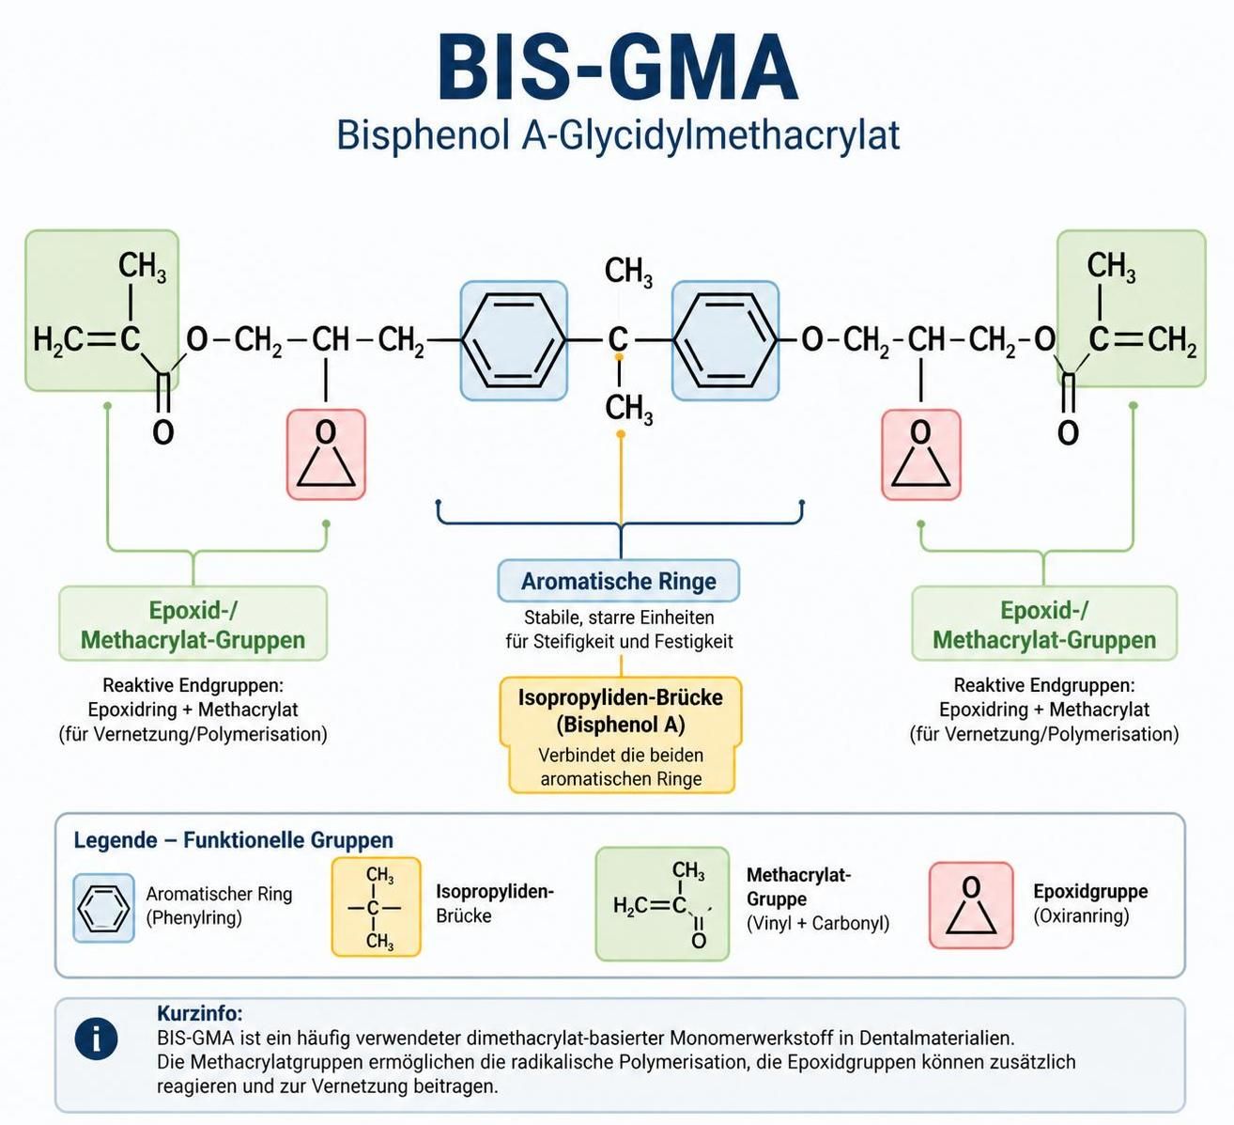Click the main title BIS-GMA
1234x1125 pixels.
[618, 67]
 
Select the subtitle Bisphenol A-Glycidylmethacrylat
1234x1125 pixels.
[618, 135]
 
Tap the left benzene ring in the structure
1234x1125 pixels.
[514, 340]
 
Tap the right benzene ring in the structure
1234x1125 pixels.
[725, 340]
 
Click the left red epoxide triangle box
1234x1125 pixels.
[326, 455]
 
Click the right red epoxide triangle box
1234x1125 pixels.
[921, 455]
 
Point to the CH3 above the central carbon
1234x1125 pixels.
[628, 272]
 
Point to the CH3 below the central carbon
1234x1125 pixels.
[628, 410]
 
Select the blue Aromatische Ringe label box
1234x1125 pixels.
[618, 581]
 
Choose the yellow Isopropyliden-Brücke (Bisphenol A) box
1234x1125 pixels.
[621, 735]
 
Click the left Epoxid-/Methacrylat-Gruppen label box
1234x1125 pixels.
[193, 624]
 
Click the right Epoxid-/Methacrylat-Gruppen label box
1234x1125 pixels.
[1044, 624]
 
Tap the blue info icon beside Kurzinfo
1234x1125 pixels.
[96, 1038]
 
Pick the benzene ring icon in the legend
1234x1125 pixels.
[103, 908]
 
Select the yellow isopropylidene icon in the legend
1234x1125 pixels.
[376, 907]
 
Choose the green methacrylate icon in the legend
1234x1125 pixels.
[662, 904]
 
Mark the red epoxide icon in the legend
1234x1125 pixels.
[971, 905]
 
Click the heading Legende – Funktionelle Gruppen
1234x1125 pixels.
[233, 840]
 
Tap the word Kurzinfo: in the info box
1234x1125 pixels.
[200, 1013]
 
